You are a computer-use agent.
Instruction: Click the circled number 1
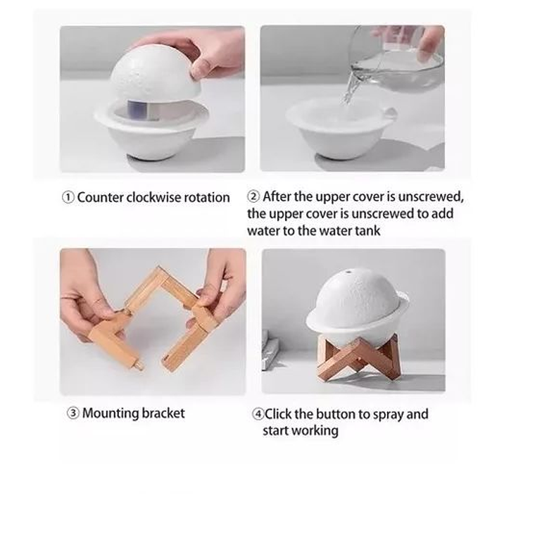[68, 198]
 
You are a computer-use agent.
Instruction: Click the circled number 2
[253, 197]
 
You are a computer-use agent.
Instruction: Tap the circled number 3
[73, 413]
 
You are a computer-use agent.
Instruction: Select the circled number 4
[258, 414]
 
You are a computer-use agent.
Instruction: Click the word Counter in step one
[100, 198]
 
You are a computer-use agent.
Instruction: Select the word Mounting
[111, 414]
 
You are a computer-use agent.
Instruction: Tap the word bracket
[163, 413]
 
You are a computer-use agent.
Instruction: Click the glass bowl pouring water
[396, 61]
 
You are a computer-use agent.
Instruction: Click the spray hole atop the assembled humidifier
[348, 272]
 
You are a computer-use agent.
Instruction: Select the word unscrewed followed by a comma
[431, 197]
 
